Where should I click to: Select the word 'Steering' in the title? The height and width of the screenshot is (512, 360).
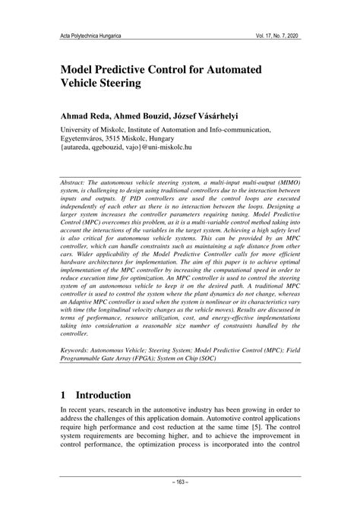click(x=121, y=84)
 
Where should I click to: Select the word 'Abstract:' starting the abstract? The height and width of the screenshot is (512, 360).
click(x=81, y=182)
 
